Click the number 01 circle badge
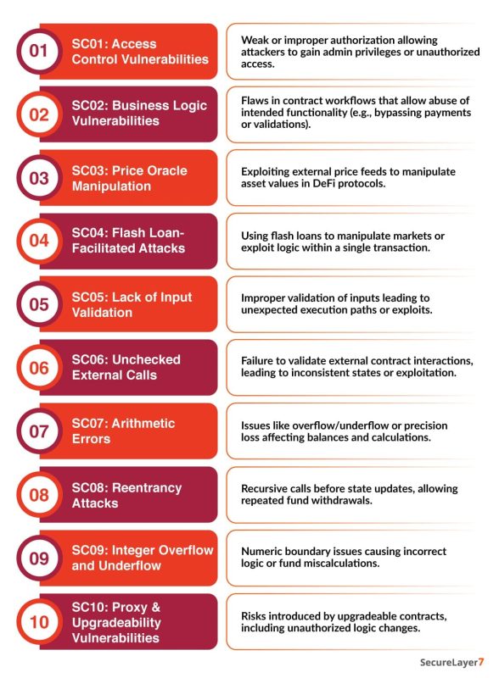coord(39,51)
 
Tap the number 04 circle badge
coord(39,241)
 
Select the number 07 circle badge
coord(39,431)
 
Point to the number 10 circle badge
coord(39,622)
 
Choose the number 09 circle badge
coord(39,559)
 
